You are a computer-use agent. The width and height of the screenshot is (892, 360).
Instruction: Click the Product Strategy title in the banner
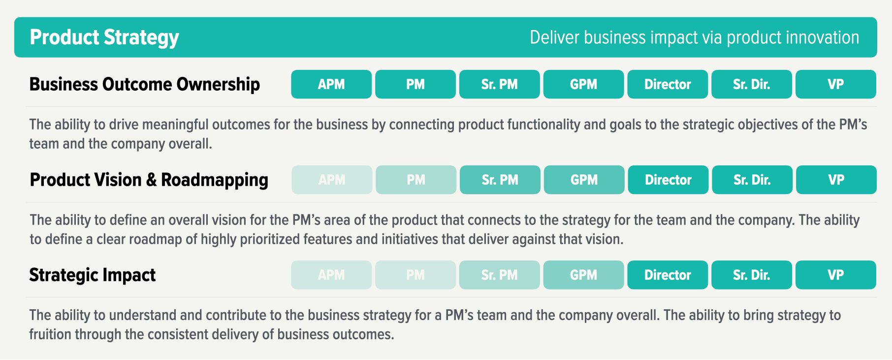[x=104, y=37]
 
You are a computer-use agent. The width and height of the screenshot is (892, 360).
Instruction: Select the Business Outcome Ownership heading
[x=144, y=84]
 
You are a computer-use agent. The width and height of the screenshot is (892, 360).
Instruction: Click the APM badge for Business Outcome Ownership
[x=331, y=84]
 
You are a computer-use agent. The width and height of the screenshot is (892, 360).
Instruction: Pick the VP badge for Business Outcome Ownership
[x=835, y=84]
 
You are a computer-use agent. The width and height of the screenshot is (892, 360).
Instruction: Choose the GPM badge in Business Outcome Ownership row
[x=583, y=84]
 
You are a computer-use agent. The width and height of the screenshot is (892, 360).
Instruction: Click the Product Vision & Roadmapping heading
[x=149, y=180]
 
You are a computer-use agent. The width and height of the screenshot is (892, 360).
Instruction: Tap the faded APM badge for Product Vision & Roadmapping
[x=332, y=180]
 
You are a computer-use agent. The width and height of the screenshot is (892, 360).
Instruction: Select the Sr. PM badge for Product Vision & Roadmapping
[x=500, y=180]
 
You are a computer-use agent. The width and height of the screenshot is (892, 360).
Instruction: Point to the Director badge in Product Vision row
[x=668, y=180]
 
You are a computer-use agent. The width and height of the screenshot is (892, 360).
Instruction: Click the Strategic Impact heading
[x=92, y=275]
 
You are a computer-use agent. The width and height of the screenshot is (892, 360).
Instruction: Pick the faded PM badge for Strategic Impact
[x=415, y=275]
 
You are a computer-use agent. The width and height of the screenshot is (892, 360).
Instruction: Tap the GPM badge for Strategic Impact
[x=583, y=275]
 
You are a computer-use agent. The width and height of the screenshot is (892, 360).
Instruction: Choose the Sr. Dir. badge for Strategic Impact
[x=751, y=275]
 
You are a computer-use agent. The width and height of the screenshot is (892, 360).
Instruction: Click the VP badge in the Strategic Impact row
[x=835, y=275]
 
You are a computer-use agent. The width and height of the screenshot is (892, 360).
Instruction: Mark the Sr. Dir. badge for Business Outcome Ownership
[x=751, y=84]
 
